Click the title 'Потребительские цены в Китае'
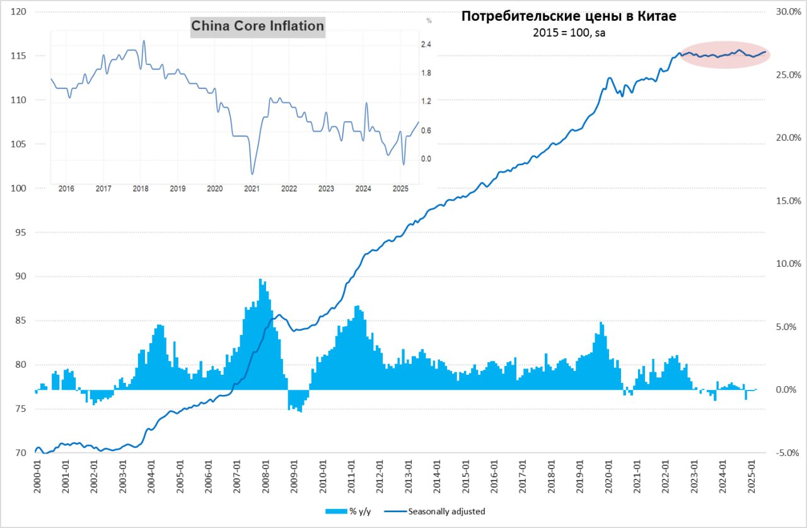click(569, 17)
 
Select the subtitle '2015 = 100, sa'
click(569, 33)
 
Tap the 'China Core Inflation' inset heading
click(257, 26)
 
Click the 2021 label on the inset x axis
click(252, 189)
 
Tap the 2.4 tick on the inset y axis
click(426, 44)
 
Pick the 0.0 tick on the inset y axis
click(426, 159)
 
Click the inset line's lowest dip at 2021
click(252, 173)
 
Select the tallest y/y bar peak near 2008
click(260, 279)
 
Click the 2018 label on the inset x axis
click(141, 189)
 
